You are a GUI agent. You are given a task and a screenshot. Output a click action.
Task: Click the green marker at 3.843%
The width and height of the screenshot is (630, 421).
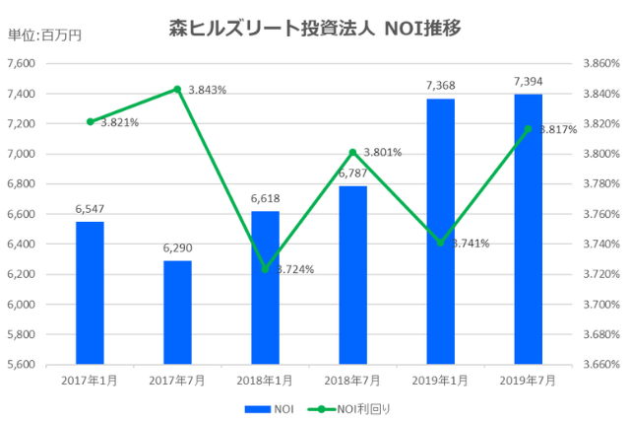click(x=177, y=89)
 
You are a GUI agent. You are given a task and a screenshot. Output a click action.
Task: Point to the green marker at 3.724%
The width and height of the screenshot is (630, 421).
click(x=265, y=268)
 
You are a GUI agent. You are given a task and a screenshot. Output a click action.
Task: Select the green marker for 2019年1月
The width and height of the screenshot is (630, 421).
click(x=440, y=243)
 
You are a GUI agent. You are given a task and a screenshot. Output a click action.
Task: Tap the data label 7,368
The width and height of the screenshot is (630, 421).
click(x=440, y=87)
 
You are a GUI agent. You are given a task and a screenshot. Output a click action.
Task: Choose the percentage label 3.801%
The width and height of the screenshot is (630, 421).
click(x=382, y=153)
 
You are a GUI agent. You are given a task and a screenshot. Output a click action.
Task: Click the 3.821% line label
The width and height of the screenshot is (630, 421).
click(x=119, y=122)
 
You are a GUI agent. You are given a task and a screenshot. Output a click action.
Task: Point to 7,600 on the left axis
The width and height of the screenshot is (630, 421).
click(x=21, y=63)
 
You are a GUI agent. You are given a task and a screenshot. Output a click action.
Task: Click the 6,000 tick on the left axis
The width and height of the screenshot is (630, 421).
click(x=21, y=304)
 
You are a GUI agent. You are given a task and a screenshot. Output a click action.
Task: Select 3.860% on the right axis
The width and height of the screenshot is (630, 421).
click(x=600, y=63)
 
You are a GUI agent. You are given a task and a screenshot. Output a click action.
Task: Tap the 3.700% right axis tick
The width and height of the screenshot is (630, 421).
click(x=600, y=304)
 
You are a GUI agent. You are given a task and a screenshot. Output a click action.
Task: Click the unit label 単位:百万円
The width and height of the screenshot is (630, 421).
click(x=44, y=35)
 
